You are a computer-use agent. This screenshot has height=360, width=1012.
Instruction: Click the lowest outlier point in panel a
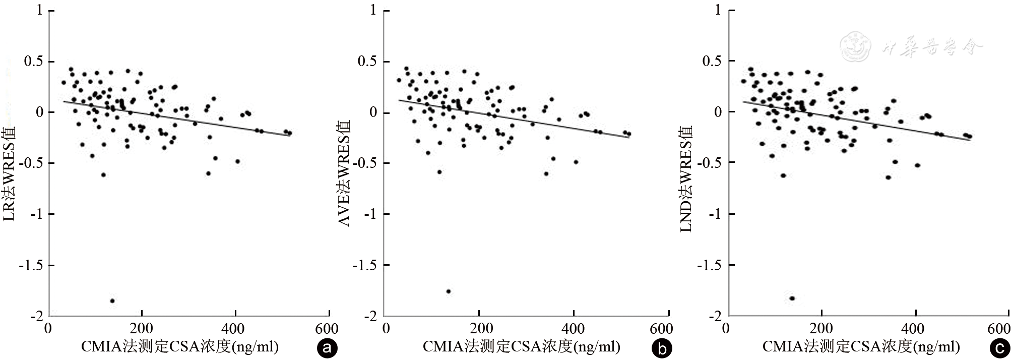112,301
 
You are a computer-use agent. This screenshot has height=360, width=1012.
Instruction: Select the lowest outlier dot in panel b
449,291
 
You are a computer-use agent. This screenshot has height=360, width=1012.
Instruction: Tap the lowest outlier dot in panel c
792,298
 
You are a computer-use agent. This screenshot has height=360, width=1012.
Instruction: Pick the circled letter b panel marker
661,348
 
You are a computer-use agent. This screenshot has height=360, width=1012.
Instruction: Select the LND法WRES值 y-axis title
686,179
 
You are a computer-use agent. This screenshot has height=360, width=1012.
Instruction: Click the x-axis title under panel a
180,347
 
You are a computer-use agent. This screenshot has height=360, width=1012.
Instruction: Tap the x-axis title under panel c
861,347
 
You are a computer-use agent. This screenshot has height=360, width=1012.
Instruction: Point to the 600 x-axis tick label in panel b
661,329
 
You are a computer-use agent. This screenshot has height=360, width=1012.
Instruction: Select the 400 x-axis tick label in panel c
913,329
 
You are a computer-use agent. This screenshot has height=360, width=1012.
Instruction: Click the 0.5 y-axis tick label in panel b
367,62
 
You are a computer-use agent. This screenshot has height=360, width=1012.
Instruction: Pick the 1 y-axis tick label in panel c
718,10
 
